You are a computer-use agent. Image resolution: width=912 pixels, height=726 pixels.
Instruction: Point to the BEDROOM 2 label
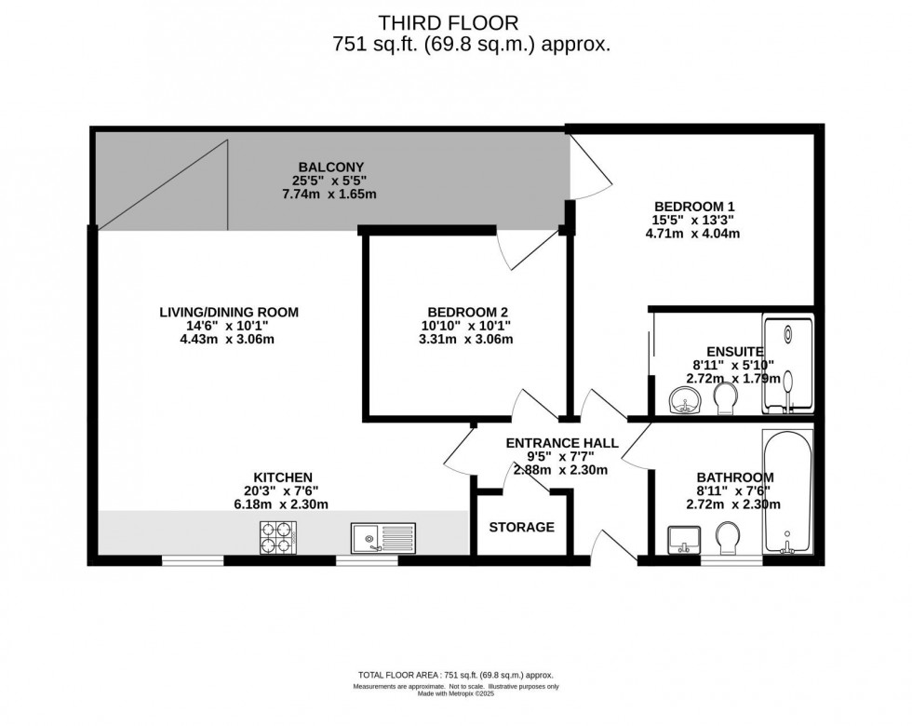coord(467,312)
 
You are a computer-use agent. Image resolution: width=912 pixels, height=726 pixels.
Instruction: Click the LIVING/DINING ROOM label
coord(229,312)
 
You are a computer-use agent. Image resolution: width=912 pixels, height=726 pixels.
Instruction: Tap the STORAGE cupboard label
coord(522,527)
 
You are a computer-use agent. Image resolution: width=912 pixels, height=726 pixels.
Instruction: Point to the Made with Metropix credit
coord(455,693)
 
